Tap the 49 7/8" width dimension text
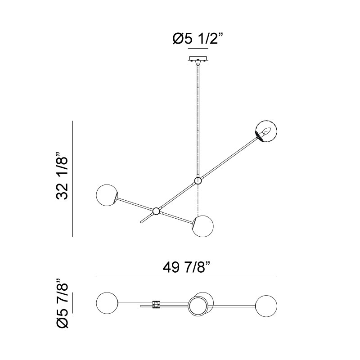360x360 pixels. [186, 267]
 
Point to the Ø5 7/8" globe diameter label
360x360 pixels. [62, 303]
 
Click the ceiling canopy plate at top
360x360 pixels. [198, 59]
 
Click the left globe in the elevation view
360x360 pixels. [107, 195]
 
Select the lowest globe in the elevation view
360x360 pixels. [203, 226]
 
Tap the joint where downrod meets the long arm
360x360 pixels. [198, 181]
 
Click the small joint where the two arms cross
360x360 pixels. [156, 211]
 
